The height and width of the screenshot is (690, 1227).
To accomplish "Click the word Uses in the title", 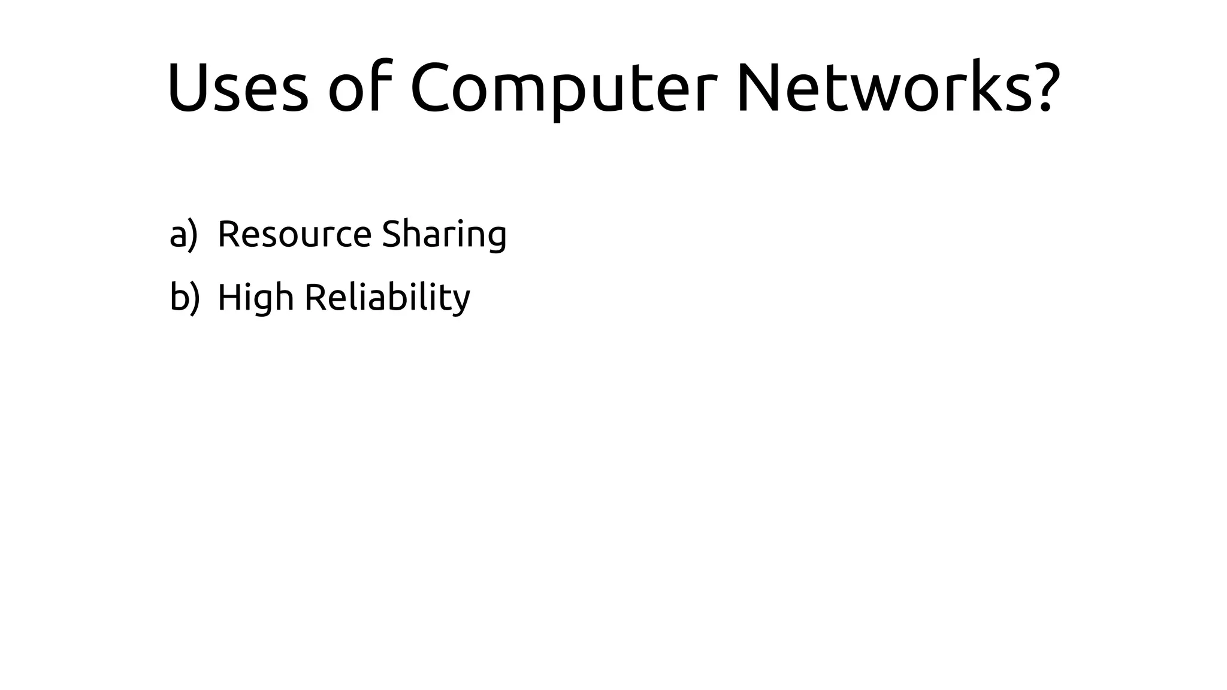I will coord(238,87).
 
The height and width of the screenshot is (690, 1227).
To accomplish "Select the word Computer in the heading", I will coord(563,87).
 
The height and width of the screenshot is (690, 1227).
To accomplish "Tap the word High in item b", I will coord(255,298).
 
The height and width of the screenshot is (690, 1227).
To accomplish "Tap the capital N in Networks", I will coord(758,87).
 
